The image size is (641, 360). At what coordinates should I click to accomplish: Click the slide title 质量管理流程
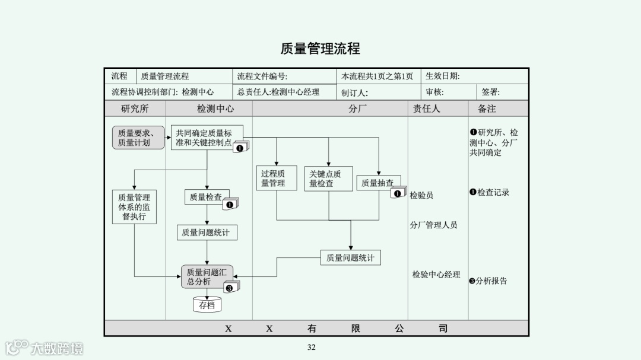pyautogui.click(x=320, y=49)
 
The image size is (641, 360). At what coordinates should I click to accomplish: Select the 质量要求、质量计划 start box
pyautogui.click(x=138, y=138)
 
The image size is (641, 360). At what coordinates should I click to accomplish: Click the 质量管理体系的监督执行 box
pyautogui.click(x=134, y=207)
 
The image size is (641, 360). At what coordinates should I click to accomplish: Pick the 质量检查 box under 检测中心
pyautogui.click(x=206, y=197)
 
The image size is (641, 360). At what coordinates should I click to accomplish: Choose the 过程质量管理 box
pyautogui.click(x=276, y=178)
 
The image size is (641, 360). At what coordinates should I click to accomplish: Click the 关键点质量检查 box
pyautogui.click(x=328, y=178)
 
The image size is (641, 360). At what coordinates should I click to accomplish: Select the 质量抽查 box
pyautogui.click(x=378, y=183)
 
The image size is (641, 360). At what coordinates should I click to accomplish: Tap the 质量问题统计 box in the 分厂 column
pyautogui.click(x=350, y=258)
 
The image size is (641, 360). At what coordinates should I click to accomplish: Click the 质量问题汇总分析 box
pyautogui.click(x=207, y=277)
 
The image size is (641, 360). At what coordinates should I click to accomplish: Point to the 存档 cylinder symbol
pyautogui.click(x=207, y=305)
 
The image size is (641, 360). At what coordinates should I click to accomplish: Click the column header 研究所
pyautogui.click(x=135, y=109)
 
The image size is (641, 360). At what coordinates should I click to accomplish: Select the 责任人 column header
pyautogui.click(x=427, y=109)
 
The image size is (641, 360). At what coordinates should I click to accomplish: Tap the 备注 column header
pyautogui.click(x=487, y=109)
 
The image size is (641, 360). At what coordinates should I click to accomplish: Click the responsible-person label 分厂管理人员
pyautogui.click(x=433, y=225)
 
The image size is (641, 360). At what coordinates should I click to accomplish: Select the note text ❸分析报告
pyautogui.click(x=488, y=281)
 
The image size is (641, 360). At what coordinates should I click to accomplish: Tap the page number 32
pyautogui.click(x=312, y=348)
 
